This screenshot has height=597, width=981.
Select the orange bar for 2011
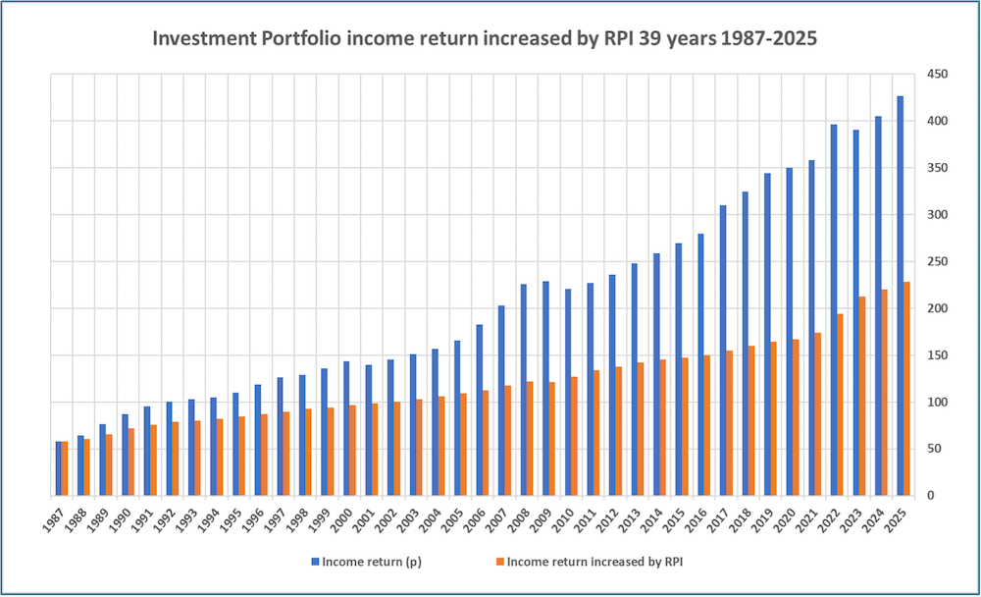[x=595, y=433]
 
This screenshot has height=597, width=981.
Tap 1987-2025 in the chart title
[x=766, y=39]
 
